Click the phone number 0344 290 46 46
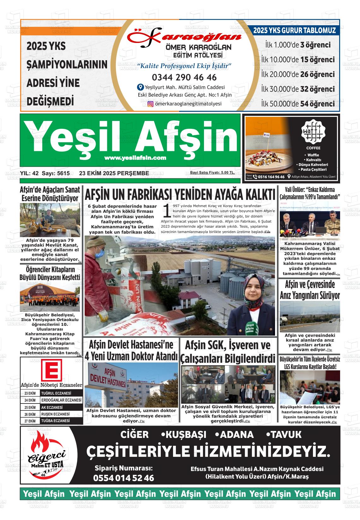(184, 77)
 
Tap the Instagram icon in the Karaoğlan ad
(151, 104)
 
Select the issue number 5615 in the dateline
(63, 173)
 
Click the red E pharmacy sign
(51, 370)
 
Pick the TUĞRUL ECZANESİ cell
(61, 393)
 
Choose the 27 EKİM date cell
(30, 421)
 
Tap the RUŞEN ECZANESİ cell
(61, 414)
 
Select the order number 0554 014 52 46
(123, 478)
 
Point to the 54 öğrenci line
(298, 104)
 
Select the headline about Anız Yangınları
(309, 290)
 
